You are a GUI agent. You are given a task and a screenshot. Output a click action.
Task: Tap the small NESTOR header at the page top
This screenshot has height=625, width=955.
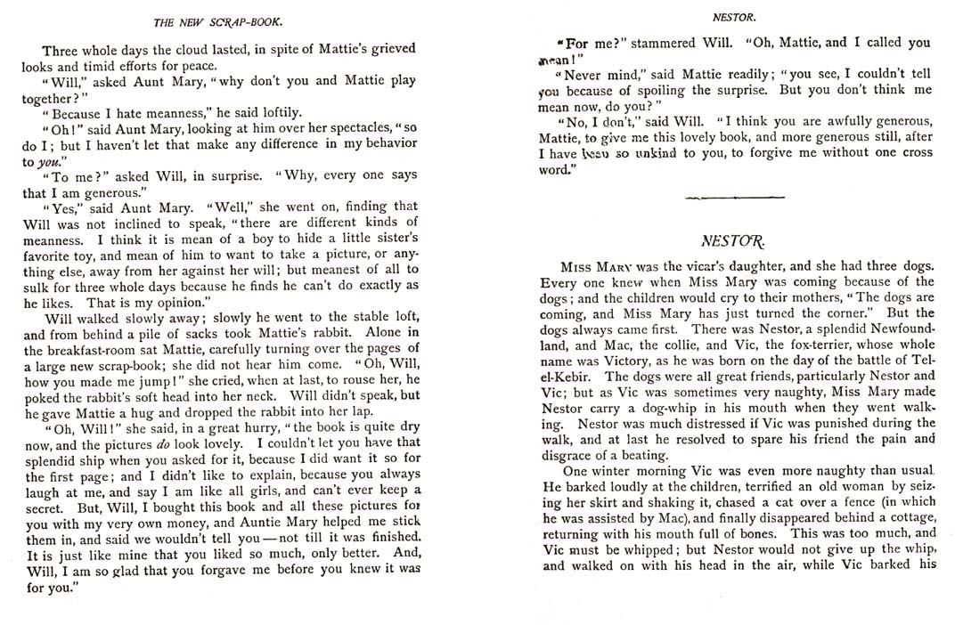735,16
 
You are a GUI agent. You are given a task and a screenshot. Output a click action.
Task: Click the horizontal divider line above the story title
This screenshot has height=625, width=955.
735,196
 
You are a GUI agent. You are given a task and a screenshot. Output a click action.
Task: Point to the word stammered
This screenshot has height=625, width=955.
642,42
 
